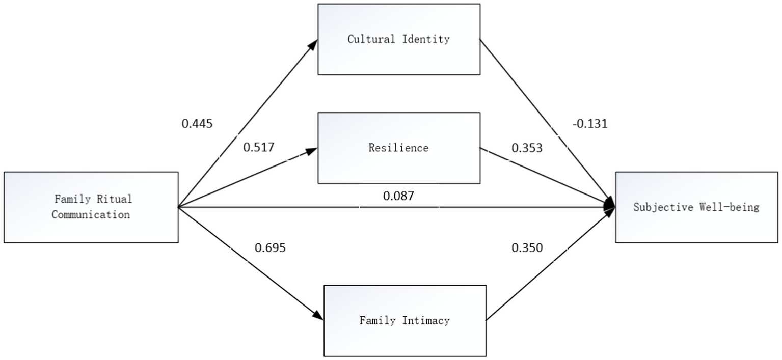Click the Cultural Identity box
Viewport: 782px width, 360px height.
click(x=398, y=39)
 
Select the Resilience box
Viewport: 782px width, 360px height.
click(x=398, y=148)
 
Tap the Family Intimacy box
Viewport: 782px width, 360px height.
click(x=405, y=320)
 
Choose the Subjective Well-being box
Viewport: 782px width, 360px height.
click(x=696, y=207)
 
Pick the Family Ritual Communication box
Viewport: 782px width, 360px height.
click(x=91, y=207)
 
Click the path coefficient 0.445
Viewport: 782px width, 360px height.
click(x=197, y=124)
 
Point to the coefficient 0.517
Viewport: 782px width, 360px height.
click(x=258, y=148)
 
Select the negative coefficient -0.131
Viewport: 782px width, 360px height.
click(x=590, y=124)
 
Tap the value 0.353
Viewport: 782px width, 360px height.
click(x=527, y=148)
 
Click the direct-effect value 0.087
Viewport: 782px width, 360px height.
click(x=398, y=196)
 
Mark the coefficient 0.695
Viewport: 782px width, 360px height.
click(x=270, y=248)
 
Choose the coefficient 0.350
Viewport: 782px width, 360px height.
click(x=527, y=248)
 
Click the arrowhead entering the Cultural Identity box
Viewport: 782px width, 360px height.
click(x=313, y=43)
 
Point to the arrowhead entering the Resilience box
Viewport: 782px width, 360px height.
click(x=312, y=150)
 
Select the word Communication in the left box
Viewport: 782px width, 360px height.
click(x=91, y=214)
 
